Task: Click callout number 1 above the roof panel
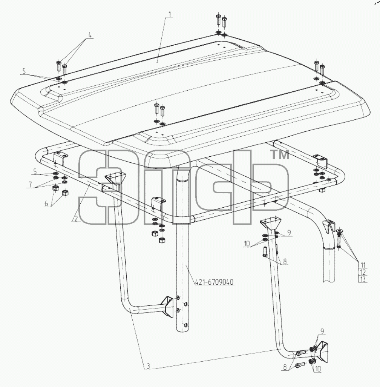170,14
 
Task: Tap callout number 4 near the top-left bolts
90,35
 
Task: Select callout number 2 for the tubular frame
76,219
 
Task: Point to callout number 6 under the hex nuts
46,204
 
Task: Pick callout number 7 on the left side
30,184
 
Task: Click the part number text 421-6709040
214,282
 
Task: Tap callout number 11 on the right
363,265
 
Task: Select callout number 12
363,273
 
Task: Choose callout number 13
363,280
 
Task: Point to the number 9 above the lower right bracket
322,331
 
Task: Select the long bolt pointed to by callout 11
339,239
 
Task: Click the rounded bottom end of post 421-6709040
183,330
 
